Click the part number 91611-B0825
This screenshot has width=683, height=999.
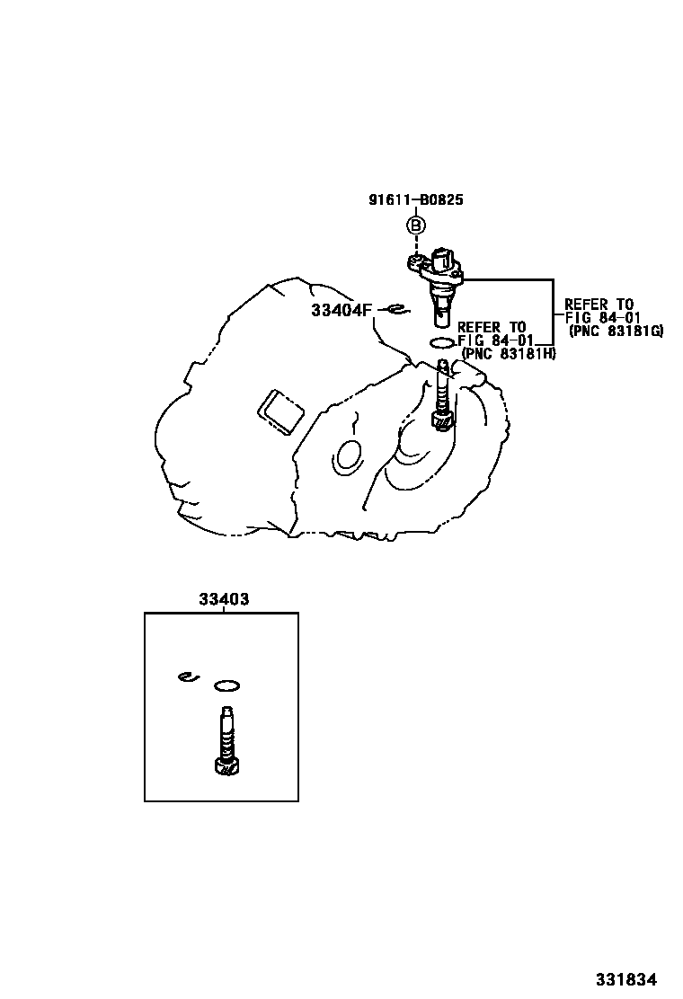tap(416, 199)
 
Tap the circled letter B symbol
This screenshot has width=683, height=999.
tap(416, 225)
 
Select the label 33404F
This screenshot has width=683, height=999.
tap(341, 310)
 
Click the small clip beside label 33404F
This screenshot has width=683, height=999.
tap(397, 310)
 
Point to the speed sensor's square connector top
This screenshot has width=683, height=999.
tap(443, 259)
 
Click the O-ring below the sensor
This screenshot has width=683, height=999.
tap(442, 343)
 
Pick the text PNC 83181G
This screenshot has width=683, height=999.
tap(616, 331)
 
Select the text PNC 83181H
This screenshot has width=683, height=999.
tap(508, 354)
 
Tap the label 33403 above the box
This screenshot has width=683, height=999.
tap(224, 599)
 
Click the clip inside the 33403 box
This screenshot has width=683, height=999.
tap(190, 676)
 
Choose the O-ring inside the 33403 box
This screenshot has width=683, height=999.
tap(226, 685)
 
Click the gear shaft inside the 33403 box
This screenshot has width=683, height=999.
tap(226, 741)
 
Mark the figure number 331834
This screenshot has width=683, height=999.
tap(626, 979)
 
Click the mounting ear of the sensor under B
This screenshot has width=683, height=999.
tap(416, 262)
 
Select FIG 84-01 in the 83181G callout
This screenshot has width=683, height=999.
tap(602, 317)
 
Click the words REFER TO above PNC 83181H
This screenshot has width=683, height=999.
tap(492, 328)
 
